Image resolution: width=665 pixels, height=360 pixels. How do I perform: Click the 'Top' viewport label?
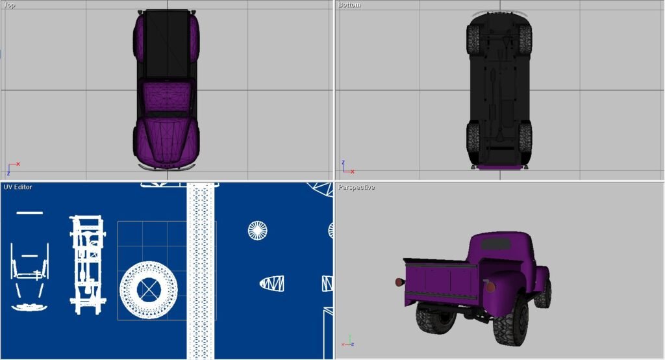(x=9, y=5)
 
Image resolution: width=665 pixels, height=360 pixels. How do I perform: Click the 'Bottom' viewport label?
(x=349, y=5)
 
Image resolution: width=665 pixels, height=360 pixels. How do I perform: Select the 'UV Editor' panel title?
(x=18, y=186)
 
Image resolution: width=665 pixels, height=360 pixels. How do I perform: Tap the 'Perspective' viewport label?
(x=357, y=187)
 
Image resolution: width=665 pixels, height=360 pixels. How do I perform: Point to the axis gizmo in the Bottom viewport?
(x=348, y=167)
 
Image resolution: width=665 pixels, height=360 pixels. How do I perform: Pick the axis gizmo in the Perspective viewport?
(x=348, y=341)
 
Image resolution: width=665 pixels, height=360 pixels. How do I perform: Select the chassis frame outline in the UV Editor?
(x=88, y=265)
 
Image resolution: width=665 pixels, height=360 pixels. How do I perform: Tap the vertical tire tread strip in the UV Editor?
(x=201, y=271)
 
